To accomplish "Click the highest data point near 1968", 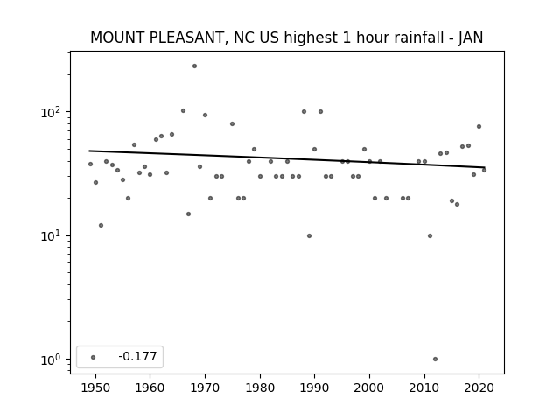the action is pyautogui.click(x=194, y=66).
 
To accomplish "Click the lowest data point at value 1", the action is pyautogui.click(x=435, y=360).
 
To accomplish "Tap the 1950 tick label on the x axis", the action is pyautogui.click(x=95, y=388).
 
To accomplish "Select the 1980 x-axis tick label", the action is pyautogui.click(x=260, y=388).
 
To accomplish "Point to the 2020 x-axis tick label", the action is pyautogui.click(x=479, y=388).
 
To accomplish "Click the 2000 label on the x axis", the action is pyautogui.click(x=369, y=388).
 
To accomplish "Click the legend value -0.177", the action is pyautogui.click(x=137, y=356).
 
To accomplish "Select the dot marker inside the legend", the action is pyautogui.click(x=94, y=357).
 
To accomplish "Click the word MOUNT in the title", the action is pyautogui.click(x=117, y=38).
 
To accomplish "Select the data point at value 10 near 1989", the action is pyautogui.click(x=309, y=235).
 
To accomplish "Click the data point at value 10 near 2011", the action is pyautogui.click(x=430, y=235).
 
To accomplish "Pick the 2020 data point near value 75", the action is pyautogui.click(x=479, y=126).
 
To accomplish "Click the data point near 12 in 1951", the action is pyautogui.click(x=101, y=226).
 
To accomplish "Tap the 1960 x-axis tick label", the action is pyautogui.click(x=150, y=388).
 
